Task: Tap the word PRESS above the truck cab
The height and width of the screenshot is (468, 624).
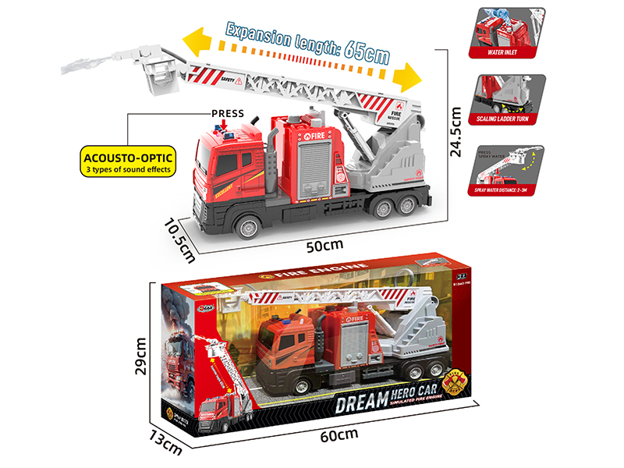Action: tap(227, 114)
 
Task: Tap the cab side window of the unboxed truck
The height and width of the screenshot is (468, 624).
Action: tap(228, 165)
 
